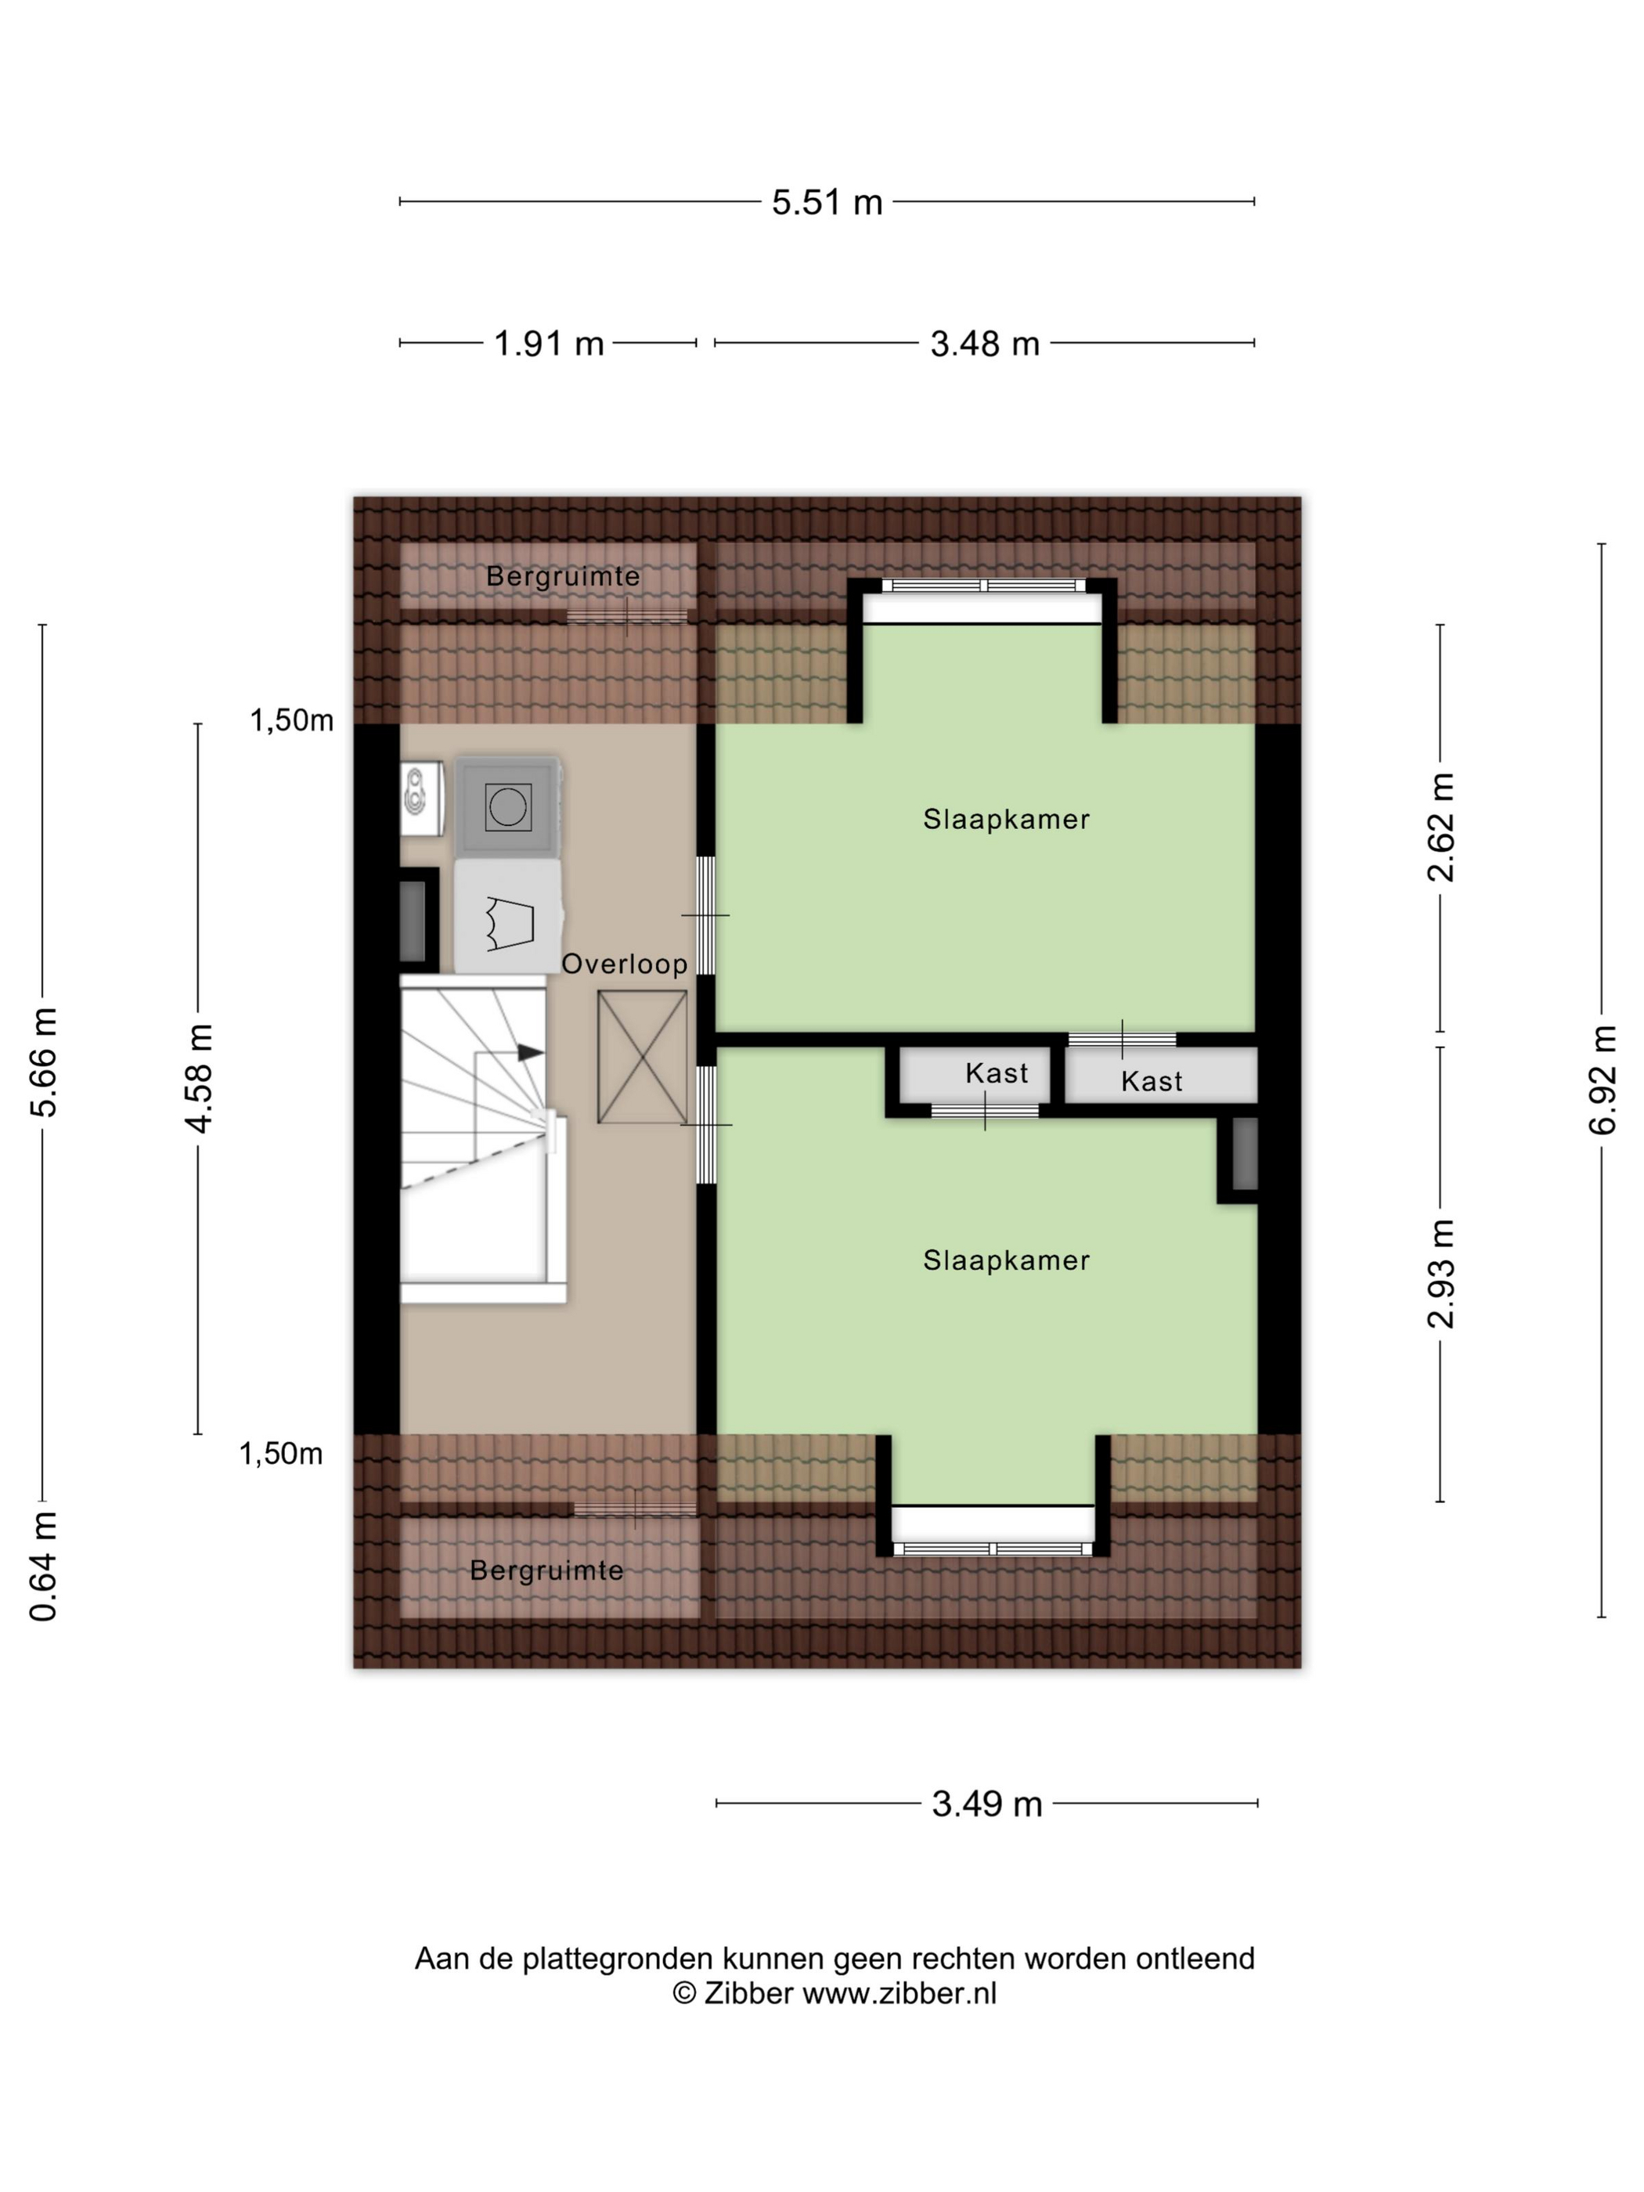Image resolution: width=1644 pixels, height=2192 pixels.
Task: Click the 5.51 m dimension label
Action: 827,202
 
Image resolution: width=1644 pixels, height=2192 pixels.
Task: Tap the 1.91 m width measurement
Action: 549,344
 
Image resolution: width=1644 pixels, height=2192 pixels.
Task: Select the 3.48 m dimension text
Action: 985,344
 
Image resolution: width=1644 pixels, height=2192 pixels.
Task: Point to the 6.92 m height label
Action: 1603,1080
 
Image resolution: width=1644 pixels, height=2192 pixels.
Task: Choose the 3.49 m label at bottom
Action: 987,1804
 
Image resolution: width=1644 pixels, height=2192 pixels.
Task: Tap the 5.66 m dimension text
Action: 44,1062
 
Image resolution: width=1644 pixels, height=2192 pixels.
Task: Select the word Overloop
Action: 624,964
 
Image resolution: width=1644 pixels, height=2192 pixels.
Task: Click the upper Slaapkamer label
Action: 1006,820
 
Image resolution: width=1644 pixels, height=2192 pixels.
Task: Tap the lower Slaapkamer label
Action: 1006,1260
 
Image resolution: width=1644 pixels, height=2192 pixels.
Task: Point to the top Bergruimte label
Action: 563,577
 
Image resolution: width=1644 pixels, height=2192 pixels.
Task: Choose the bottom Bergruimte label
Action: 546,1570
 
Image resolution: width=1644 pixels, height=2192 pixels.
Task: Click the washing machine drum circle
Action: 508,808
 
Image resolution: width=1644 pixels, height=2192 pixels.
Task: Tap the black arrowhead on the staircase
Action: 531,1052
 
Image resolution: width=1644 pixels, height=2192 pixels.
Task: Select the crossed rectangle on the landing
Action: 642,1058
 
